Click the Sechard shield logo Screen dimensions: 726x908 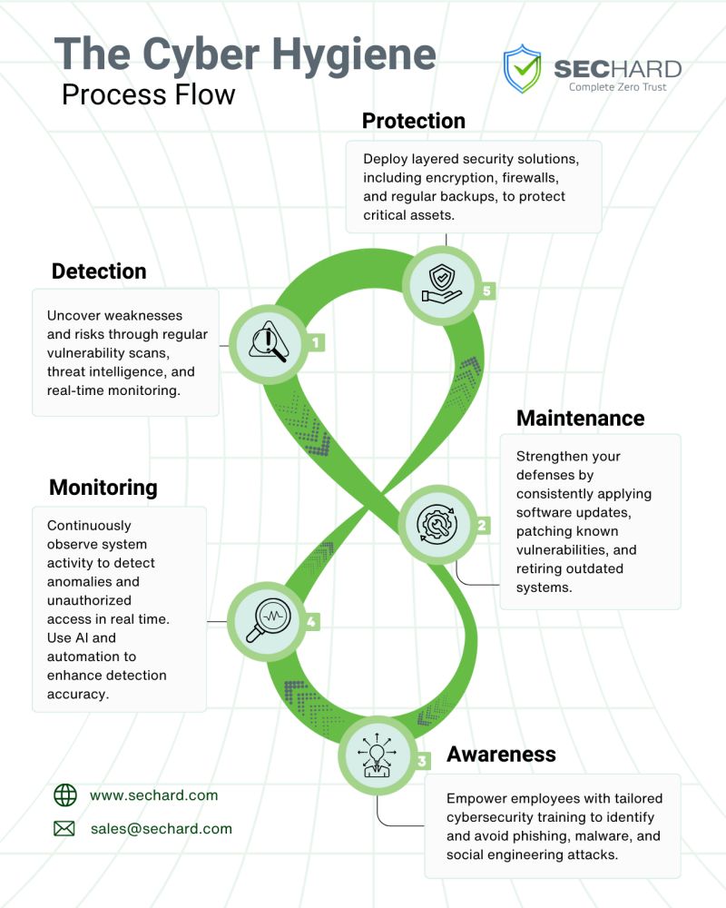click(x=522, y=68)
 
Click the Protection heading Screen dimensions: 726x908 click(x=414, y=121)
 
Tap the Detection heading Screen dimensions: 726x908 click(x=99, y=271)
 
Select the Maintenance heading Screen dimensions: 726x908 click(x=580, y=418)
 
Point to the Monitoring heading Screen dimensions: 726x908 click(x=103, y=488)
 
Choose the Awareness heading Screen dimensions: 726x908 click(x=501, y=754)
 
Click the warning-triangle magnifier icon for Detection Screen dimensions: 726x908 click(x=268, y=341)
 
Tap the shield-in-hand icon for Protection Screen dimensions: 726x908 click(x=442, y=283)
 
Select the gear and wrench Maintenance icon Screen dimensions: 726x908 click(x=437, y=524)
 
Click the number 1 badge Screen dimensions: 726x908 click(x=316, y=343)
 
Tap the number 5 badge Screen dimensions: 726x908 click(x=487, y=291)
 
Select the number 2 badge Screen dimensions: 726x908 click(x=482, y=525)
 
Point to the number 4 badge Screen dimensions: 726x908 click(x=311, y=622)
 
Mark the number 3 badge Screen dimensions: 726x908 click(x=422, y=761)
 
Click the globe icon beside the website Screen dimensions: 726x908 click(x=64, y=795)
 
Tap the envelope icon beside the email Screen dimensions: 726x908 click(x=64, y=829)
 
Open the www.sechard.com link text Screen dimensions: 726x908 click(x=154, y=795)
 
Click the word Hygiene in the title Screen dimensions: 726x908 click(x=354, y=55)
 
